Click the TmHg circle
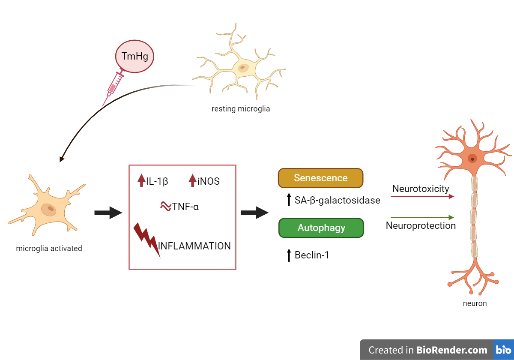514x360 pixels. pyautogui.click(x=134, y=56)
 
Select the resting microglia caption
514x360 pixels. pyautogui.click(x=241, y=109)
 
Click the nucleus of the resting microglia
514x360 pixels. pyautogui.click(x=243, y=68)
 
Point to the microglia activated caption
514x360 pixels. pyautogui.click(x=49, y=248)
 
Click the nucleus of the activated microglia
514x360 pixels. pyautogui.click(x=49, y=210)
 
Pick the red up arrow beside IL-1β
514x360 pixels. pyautogui.click(x=141, y=180)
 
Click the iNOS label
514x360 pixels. pyautogui.click(x=209, y=181)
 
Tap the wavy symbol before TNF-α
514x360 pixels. pyautogui.click(x=165, y=207)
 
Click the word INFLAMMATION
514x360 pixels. pyautogui.click(x=194, y=246)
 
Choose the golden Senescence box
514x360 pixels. pyautogui.click(x=320, y=178)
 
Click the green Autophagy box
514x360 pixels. pyautogui.click(x=321, y=228)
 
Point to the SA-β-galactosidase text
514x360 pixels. pyautogui.click(x=337, y=200)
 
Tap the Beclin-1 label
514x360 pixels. pyautogui.click(x=312, y=255)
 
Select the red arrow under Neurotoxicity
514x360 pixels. pyautogui.click(x=422, y=197)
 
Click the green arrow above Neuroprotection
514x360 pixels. pyautogui.click(x=422, y=218)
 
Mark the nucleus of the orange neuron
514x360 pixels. pyautogui.click(x=472, y=159)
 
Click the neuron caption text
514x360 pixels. pyautogui.click(x=475, y=303)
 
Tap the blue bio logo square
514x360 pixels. pyautogui.click(x=503, y=350)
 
